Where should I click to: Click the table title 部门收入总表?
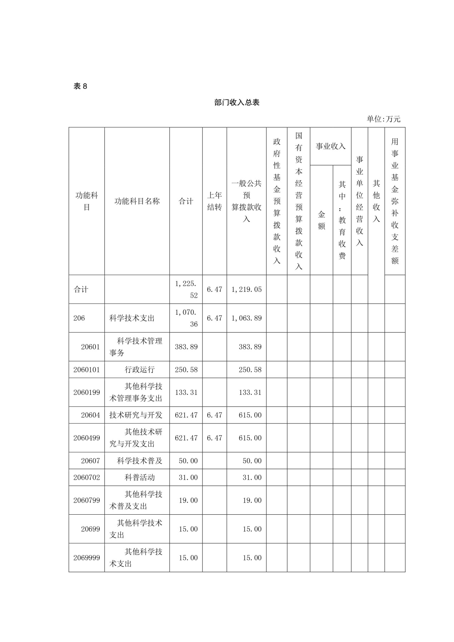[x=236, y=102]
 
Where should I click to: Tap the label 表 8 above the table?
[x=80, y=86]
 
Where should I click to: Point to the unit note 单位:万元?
[x=383, y=119]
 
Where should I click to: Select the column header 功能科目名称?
[x=137, y=201]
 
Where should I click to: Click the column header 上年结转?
[x=214, y=201]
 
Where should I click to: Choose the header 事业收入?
[x=330, y=146]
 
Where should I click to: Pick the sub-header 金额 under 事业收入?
[x=321, y=220]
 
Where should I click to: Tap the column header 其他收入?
[x=376, y=201]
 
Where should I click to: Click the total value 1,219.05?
[x=246, y=289]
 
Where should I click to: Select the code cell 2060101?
[x=87, y=369]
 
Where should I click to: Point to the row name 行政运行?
[x=140, y=369]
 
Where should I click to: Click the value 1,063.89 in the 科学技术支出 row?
[x=246, y=318]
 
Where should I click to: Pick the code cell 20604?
[x=90, y=415]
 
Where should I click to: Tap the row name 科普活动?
[x=140, y=477]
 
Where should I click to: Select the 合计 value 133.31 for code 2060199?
[x=186, y=392]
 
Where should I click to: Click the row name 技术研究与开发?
[x=136, y=415]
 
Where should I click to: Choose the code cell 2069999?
[x=87, y=558]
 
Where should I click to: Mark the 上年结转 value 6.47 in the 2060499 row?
[x=214, y=438]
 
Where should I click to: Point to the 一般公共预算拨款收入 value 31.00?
[x=252, y=477]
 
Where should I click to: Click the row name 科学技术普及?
[x=140, y=461]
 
